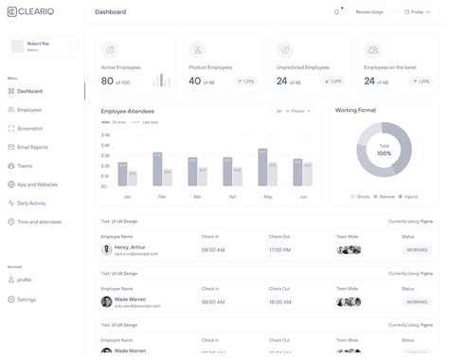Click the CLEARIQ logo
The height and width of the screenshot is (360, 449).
28,11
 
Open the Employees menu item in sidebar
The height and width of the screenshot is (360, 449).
29,110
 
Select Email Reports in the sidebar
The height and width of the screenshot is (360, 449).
34,147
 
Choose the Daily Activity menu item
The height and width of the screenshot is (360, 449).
33,203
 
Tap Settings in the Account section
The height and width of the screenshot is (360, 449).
27,299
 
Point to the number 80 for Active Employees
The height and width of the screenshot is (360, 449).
107,81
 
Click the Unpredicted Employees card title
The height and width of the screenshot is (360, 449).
303,67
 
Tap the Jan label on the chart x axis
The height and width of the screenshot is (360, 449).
127,196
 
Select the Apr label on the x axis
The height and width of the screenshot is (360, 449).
233,196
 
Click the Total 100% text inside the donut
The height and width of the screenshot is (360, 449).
384,150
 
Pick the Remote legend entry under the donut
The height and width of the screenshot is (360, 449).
386,196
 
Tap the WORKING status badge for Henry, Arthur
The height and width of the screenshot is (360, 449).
416,250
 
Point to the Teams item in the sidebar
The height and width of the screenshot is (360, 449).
26,165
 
